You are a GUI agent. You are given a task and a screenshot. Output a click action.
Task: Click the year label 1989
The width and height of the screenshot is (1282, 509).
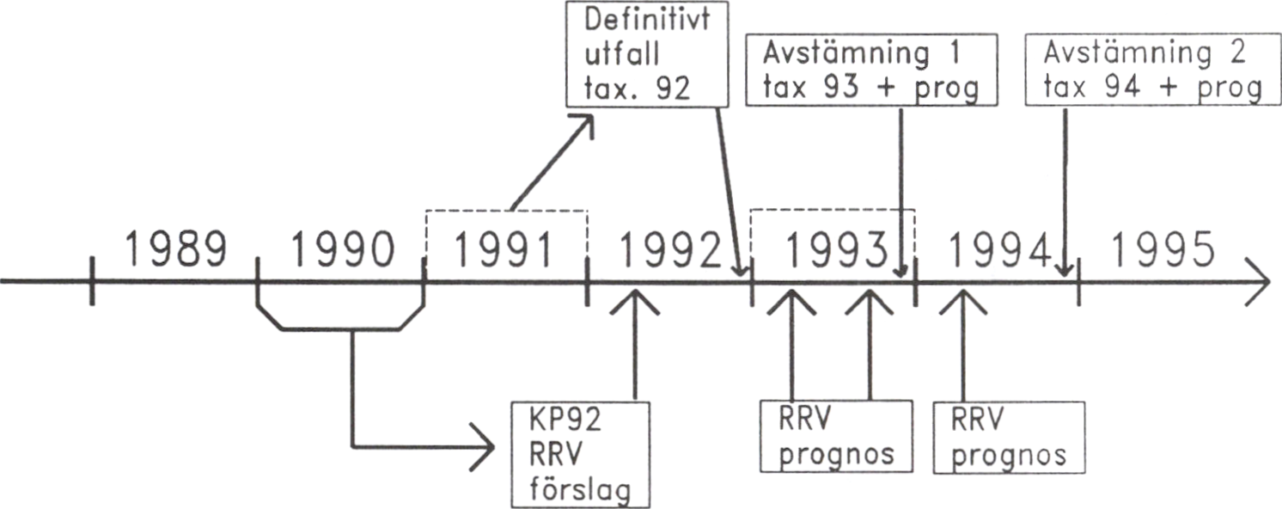[x=176, y=250]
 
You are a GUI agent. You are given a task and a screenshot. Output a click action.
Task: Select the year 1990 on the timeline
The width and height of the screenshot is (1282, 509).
[x=342, y=250]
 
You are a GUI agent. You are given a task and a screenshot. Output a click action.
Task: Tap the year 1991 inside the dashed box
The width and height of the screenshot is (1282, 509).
[x=506, y=250]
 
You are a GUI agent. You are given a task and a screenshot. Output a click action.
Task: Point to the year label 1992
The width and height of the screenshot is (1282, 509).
[x=670, y=250]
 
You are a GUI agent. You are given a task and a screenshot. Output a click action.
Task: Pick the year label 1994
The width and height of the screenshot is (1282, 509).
[x=999, y=250]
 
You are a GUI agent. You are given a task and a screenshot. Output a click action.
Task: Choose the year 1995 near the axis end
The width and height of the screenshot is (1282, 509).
[x=1163, y=250]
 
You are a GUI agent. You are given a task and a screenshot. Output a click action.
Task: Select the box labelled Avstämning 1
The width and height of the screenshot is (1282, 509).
[x=870, y=70]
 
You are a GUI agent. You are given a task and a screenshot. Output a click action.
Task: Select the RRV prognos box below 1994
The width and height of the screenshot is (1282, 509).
[x=1009, y=435]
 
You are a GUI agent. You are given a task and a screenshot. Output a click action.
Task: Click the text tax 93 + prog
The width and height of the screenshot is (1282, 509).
[x=870, y=89]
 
